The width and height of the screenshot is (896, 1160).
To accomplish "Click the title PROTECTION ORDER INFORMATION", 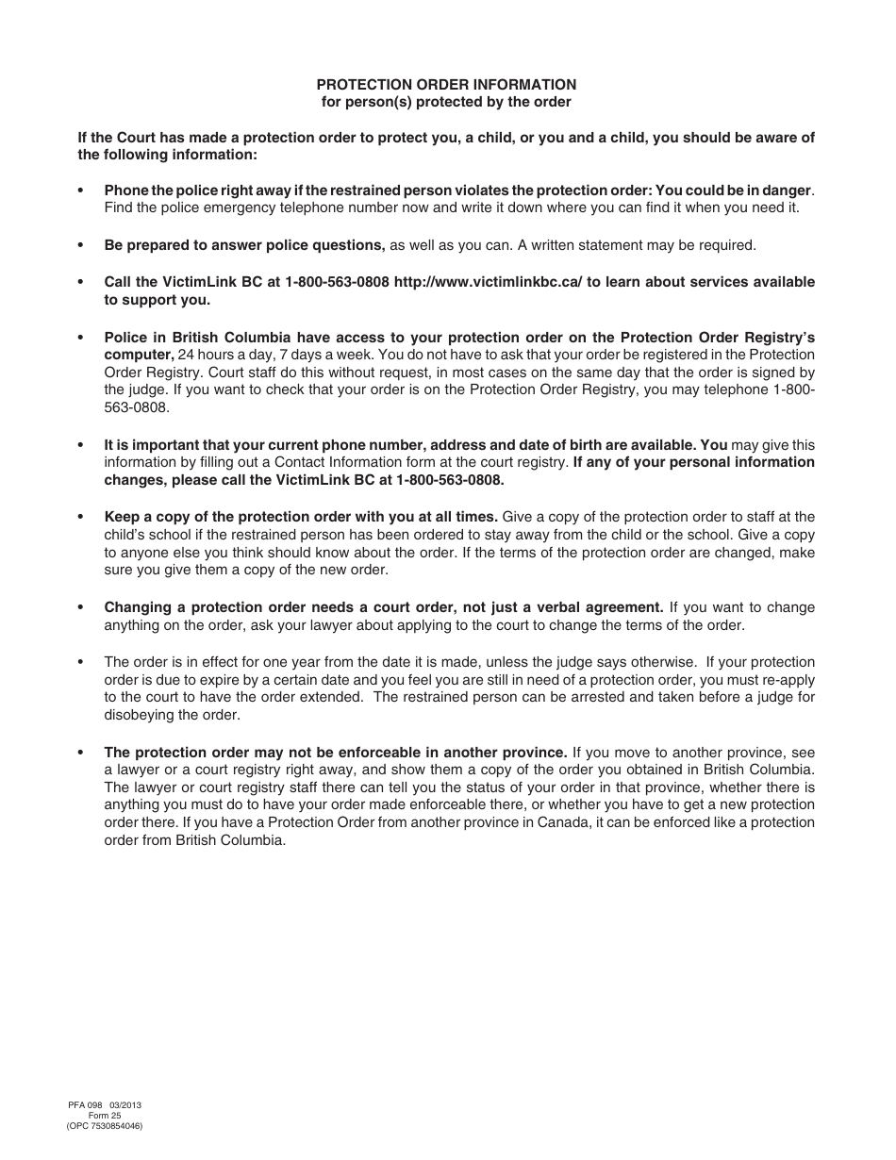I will click(446, 85).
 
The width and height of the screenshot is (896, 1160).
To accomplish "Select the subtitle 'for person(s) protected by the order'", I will click(446, 102).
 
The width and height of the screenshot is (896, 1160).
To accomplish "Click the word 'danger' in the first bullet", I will click(788, 191).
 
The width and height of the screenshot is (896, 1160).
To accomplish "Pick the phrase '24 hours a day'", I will click(223, 355).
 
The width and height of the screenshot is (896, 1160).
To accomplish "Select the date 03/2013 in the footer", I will click(124, 1104).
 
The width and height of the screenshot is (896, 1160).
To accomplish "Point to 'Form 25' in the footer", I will click(105, 1115).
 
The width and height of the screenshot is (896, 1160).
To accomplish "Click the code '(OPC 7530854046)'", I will click(105, 1126).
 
